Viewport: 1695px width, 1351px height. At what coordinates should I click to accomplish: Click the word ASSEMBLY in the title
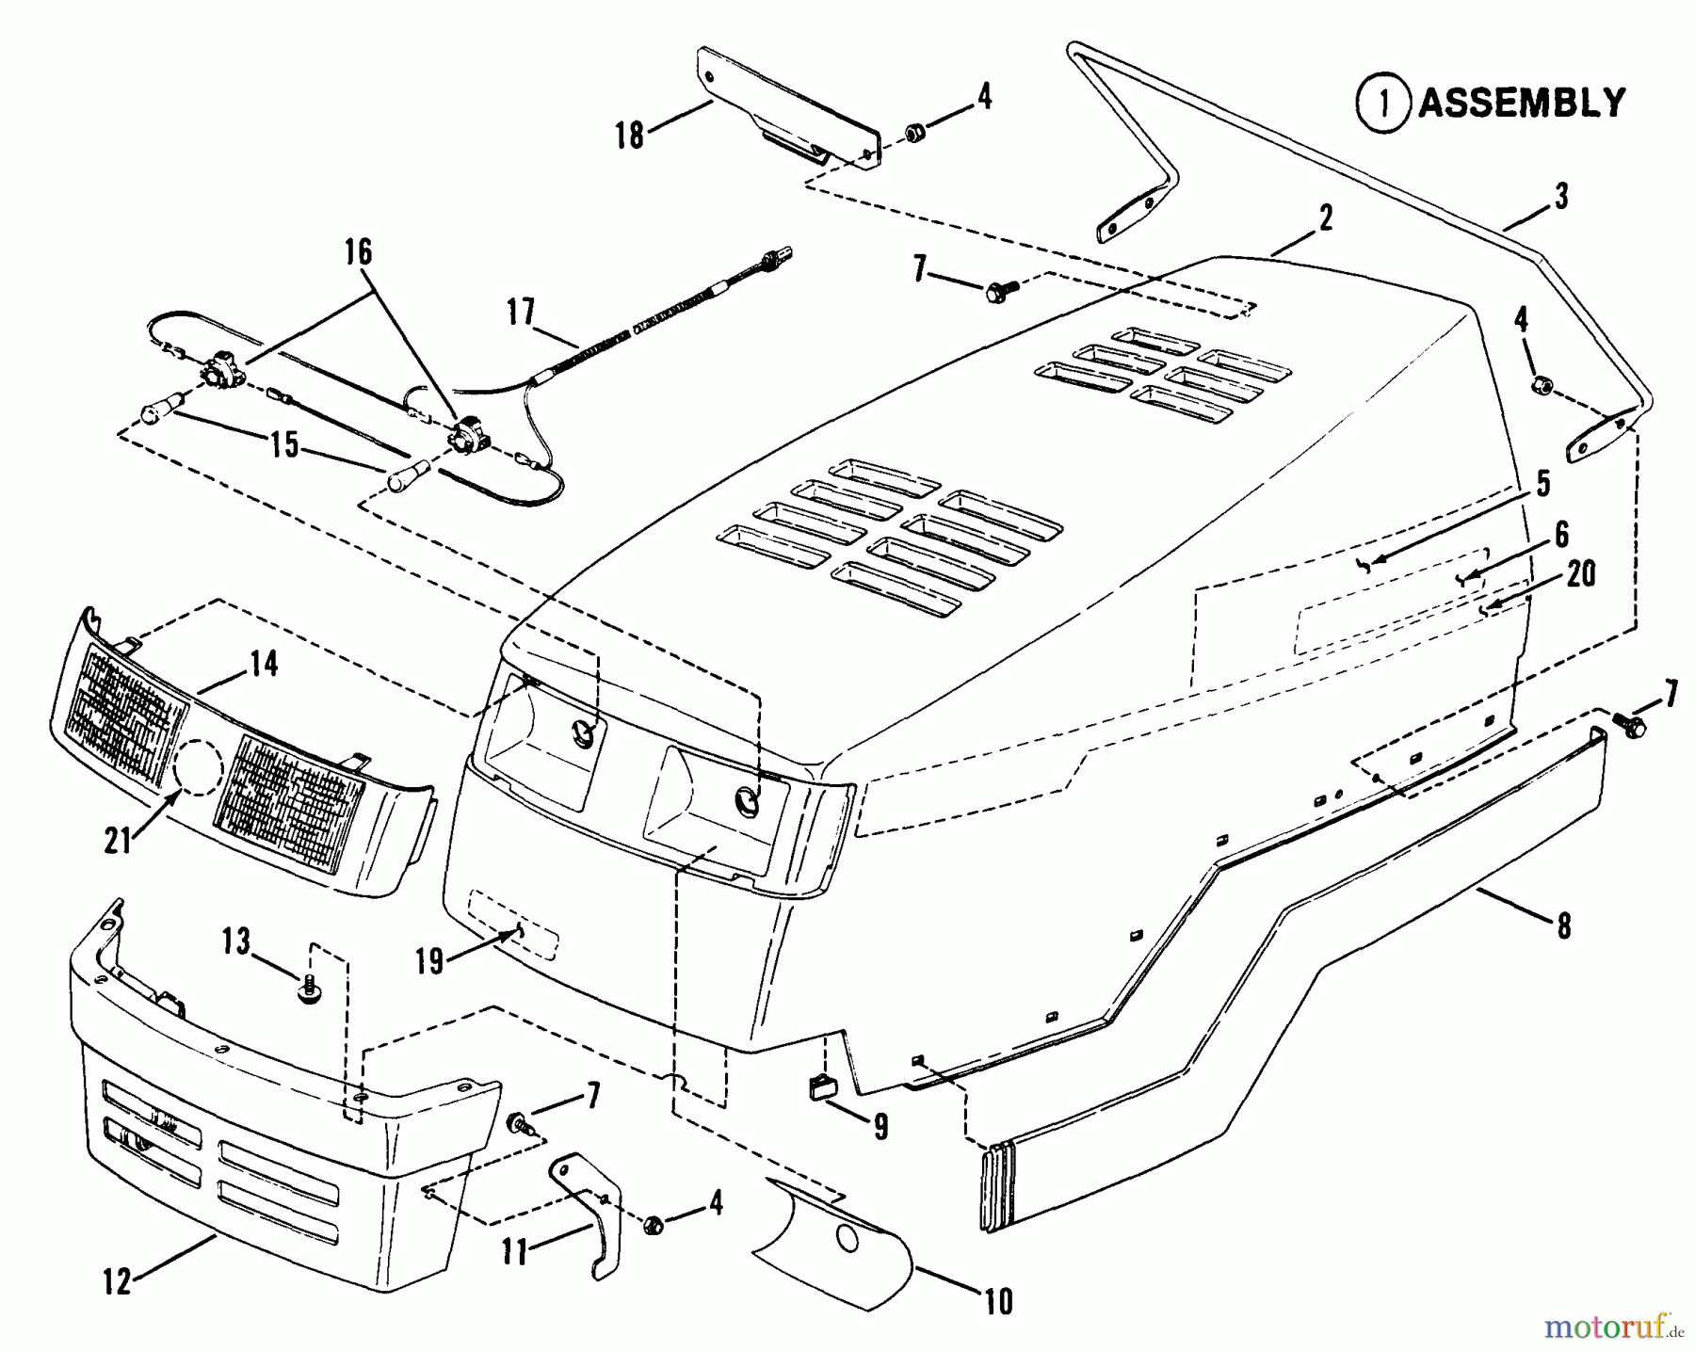point(1522,103)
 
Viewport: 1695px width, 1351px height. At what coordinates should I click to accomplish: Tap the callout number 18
point(630,135)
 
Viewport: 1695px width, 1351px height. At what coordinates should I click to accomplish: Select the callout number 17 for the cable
point(521,312)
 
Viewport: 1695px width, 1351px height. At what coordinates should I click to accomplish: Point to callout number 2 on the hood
point(1325,218)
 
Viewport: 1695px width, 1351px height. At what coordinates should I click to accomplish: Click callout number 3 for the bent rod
point(1561,197)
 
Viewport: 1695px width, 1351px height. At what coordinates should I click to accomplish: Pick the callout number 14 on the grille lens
point(265,664)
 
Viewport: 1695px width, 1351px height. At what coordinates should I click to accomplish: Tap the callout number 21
point(118,840)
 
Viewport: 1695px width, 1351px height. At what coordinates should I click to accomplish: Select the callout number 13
point(236,940)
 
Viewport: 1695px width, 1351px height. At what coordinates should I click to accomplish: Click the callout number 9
point(880,1126)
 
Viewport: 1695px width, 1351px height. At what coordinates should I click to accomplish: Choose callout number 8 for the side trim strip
point(1564,926)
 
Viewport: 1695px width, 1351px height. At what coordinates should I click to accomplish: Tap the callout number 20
point(1581,573)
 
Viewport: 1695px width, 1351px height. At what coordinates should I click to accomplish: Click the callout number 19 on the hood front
point(429,964)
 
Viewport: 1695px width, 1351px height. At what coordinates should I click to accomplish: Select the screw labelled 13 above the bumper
point(308,989)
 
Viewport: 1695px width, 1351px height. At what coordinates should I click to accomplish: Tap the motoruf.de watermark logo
point(1612,1327)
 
